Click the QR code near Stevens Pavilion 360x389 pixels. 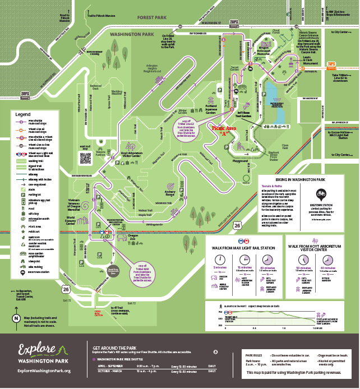85,159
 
